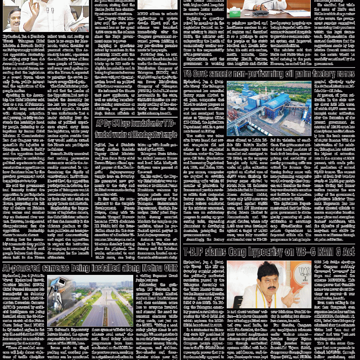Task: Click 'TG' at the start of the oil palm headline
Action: (x=188, y=74)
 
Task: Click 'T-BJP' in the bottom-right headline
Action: (x=195, y=252)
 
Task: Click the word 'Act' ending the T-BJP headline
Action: (x=348, y=252)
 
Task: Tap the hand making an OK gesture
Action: (x=34, y=9)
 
